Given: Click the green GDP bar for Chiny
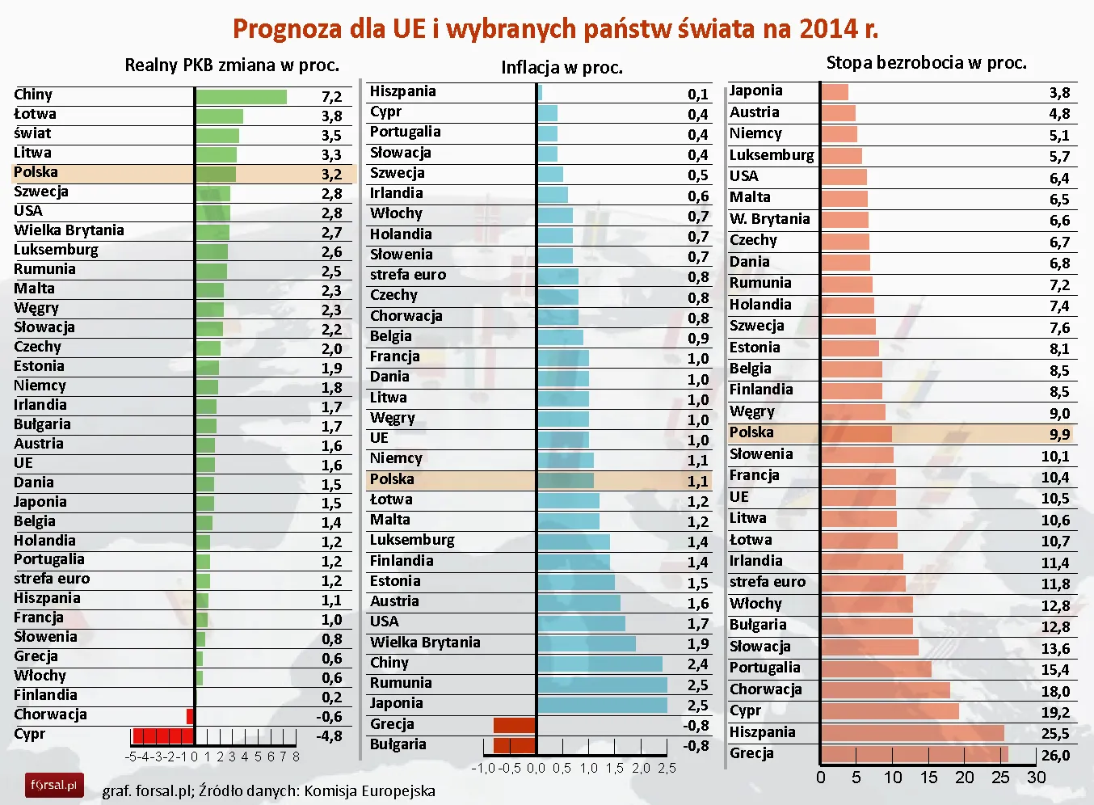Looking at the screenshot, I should pos(241,97).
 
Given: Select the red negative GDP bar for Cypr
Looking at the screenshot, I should pos(162,735).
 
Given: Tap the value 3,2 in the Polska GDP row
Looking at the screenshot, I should pos(331,174).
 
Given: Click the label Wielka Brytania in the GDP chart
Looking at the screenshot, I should pos(69,230).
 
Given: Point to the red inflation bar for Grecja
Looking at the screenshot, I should pos(515,725).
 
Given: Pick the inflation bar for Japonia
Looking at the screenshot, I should pos(602,705).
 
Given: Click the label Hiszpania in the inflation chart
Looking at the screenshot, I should pos(402,91).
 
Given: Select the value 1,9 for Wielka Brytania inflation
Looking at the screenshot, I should pos(697,644).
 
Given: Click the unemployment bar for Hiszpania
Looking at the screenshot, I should pos(912,733).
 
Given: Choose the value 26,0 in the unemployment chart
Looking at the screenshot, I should pos(1055,756).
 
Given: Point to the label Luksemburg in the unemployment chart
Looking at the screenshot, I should pos(772,155).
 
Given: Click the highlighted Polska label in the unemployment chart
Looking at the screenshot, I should pos(751,432).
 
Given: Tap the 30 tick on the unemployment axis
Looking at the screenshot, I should pos(1036,778).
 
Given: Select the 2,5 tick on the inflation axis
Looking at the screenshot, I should pos(667,769).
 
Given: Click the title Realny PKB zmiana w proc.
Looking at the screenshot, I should pos(232,65).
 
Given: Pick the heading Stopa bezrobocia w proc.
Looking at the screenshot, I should pos(926,63).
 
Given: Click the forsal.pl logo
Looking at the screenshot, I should pos(54,785).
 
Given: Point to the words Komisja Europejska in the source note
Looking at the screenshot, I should pos(369,791).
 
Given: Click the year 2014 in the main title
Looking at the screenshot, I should pos(827,29).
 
